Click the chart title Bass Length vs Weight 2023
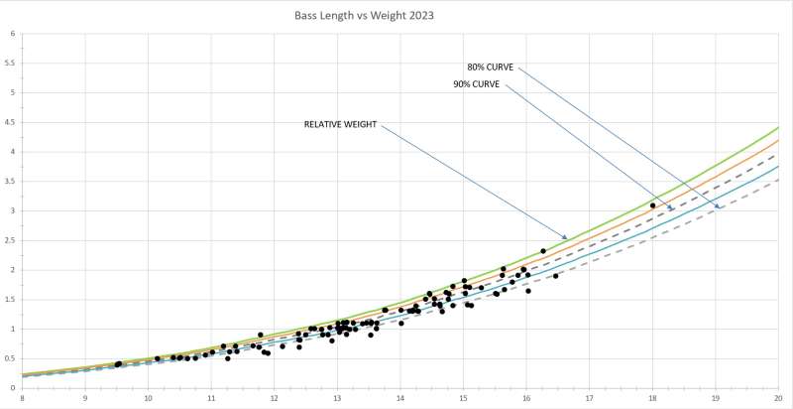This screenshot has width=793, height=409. [364, 16]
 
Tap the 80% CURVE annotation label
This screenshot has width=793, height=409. [490, 68]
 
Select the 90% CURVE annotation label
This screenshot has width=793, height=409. [477, 84]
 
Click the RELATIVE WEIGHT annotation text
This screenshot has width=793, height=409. [340, 124]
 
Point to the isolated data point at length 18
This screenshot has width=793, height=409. [652, 205]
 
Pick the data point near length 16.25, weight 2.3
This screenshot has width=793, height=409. [542, 251]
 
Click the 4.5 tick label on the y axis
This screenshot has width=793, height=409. [11, 122]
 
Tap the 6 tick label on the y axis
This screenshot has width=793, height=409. [13, 34]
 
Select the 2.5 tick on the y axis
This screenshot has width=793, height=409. [11, 240]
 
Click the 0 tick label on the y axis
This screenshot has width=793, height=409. [13, 388]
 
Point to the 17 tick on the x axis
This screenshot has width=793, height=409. [589, 397]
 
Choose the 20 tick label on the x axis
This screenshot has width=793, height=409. [779, 397]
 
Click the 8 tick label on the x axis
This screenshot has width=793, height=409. [22, 397]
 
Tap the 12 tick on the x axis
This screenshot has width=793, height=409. [275, 397]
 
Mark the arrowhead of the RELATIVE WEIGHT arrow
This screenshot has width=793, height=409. [565, 237]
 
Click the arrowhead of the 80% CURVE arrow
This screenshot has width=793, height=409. [718, 207]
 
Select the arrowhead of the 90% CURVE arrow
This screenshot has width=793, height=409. [672, 208]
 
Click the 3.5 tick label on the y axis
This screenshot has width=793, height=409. [11, 182]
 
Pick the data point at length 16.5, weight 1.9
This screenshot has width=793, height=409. [555, 276]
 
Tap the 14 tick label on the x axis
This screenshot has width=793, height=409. [400, 397]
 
